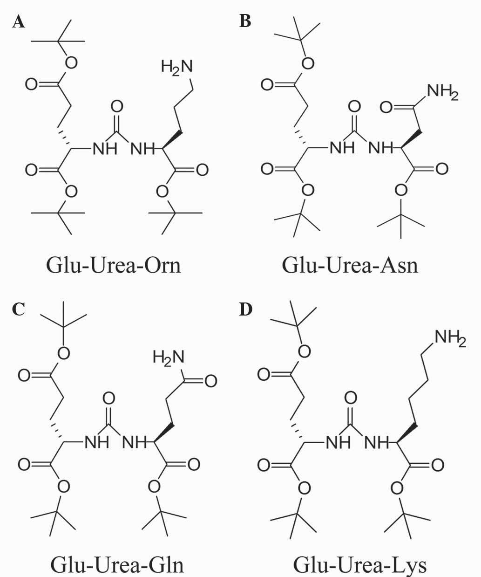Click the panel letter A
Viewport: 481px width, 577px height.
pyautogui.click(x=19, y=21)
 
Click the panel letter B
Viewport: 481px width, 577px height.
pyautogui.click(x=245, y=21)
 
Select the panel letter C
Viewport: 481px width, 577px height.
pyautogui.click(x=19, y=309)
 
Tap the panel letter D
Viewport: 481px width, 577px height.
pyautogui.click(x=245, y=309)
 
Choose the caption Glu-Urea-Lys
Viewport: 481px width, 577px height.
pyautogui.click(x=359, y=564)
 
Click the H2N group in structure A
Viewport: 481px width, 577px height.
pyautogui.click(x=176, y=67)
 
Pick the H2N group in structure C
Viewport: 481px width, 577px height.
pyautogui.click(x=168, y=358)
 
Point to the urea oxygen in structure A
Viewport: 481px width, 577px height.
pyautogui.click(x=117, y=107)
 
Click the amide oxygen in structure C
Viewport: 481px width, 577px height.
pyautogui.click(x=210, y=381)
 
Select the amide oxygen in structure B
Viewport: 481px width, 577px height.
pyautogui.click(x=386, y=108)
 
